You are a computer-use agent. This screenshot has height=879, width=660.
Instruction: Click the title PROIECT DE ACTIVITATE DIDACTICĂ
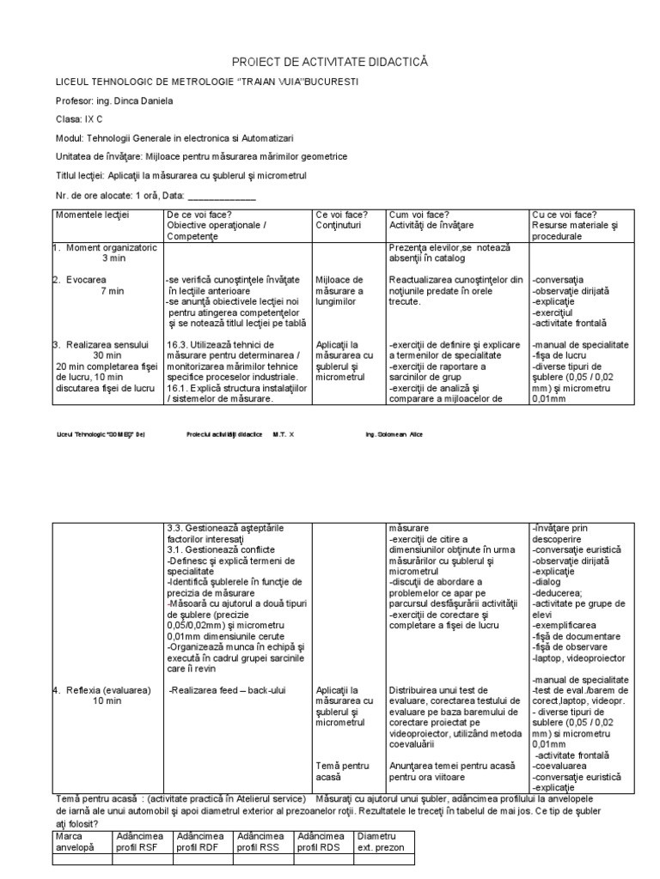[330, 62]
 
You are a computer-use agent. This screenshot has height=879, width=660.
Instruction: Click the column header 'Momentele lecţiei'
[91, 215]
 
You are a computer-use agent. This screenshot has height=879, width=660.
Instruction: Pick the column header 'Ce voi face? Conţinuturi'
[342, 220]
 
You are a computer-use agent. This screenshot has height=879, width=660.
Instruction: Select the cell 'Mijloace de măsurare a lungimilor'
[339, 291]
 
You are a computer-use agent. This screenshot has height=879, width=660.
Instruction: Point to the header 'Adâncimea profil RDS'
[321, 841]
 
